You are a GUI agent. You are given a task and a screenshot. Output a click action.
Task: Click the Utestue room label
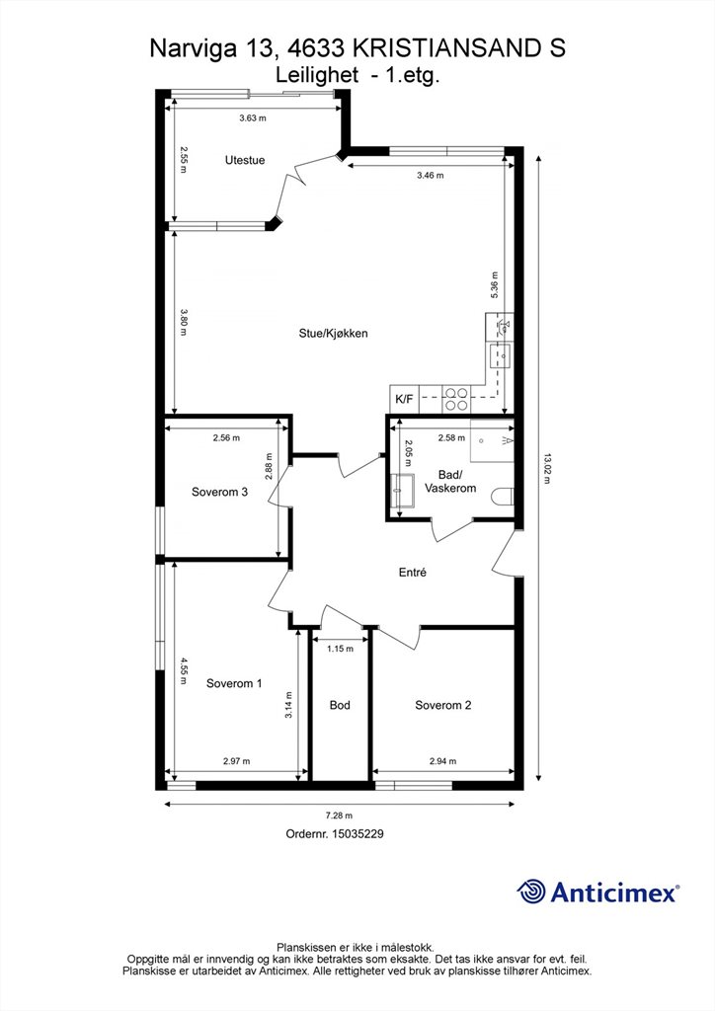tap(244, 160)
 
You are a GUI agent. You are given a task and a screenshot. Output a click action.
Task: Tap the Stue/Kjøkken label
tap(334, 334)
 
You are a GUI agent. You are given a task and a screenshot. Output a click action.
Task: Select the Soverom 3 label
tap(219, 492)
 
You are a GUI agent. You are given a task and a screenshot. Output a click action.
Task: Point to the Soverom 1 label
tap(234, 683)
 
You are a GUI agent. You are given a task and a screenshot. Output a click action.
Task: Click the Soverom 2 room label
tap(443, 705)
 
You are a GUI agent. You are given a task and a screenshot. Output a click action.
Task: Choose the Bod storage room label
tap(340, 705)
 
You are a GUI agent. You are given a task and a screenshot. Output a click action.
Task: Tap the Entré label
tap(413, 572)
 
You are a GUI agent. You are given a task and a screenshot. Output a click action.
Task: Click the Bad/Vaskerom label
tap(450, 482)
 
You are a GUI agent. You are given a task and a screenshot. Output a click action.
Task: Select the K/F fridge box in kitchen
tap(404, 399)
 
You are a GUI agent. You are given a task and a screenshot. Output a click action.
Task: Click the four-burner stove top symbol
tap(456, 399)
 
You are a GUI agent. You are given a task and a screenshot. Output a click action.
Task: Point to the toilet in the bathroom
tap(502, 498)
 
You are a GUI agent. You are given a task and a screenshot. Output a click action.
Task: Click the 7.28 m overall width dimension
tap(340, 816)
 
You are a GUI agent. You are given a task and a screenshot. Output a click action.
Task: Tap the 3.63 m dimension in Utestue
tap(253, 118)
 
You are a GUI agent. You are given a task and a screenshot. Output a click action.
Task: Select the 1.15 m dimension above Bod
tap(340, 649)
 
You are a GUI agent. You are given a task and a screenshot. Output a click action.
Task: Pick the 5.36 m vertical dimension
tap(495, 284)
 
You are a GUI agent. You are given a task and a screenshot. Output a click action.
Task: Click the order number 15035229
tap(357, 833)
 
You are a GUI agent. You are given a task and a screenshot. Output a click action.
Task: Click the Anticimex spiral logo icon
tap(531, 892)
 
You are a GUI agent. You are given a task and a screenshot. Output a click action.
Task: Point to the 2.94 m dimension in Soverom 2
tap(443, 761)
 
